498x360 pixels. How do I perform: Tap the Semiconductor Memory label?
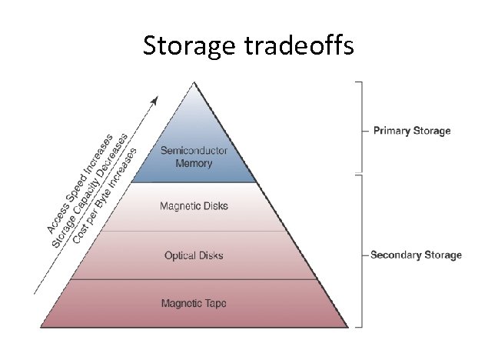pyautogui.click(x=194, y=157)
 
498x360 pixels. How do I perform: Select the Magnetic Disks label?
pyautogui.click(x=194, y=206)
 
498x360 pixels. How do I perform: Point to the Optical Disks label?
pyautogui.click(x=194, y=255)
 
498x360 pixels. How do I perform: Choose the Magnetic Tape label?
pyautogui.click(x=194, y=302)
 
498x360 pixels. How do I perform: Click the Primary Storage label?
pyautogui.click(x=412, y=131)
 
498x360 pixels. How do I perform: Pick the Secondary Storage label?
pyautogui.click(x=416, y=255)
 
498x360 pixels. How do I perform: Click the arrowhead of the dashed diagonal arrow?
pyautogui.click(x=155, y=100)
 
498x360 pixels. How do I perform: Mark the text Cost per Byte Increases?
pyautogui.click(x=105, y=195)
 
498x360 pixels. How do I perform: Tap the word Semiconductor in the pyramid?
pyautogui.click(x=194, y=151)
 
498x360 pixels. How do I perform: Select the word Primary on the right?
pyautogui.click(x=391, y=131)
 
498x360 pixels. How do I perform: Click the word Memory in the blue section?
pyautogui.click(x=194, y=163)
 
